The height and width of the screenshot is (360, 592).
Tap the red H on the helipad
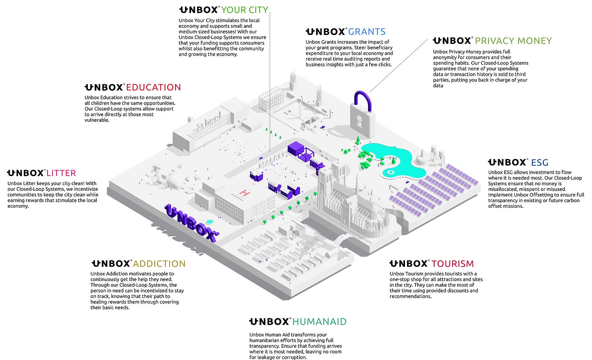244,193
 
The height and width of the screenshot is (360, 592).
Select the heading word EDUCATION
153,87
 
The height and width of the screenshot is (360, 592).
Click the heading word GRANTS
367,32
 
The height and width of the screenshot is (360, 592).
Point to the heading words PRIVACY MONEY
513,41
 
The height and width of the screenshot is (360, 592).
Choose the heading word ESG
540,163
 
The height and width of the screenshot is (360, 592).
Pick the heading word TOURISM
453,264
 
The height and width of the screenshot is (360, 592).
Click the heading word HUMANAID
319,322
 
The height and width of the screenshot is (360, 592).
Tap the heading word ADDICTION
159,264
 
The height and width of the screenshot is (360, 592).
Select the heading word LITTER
61,173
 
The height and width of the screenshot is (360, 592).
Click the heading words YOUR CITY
244,10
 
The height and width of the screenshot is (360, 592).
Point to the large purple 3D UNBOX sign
191,223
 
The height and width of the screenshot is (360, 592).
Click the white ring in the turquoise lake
391,172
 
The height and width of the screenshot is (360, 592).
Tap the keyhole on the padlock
359,121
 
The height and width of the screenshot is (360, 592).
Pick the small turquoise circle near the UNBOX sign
209,222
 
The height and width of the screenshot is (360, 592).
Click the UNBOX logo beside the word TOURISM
409,264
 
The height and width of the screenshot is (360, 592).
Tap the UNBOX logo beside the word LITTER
26,173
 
